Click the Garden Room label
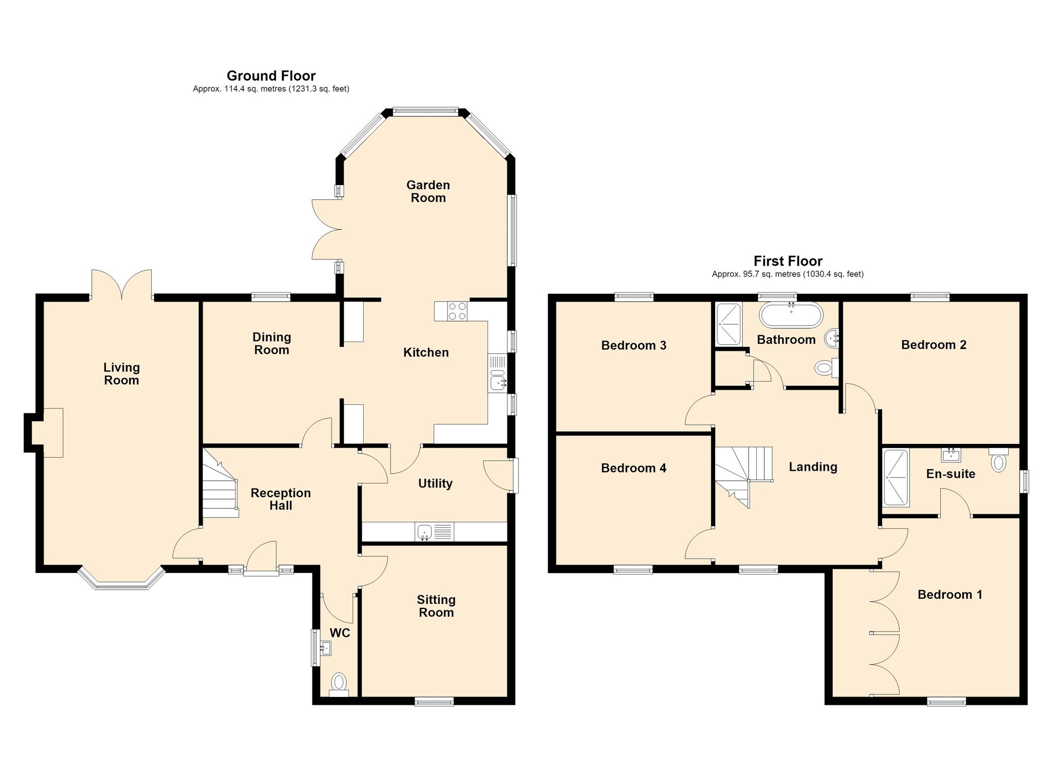click(x=428, y=191)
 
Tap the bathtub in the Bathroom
click(x=790, y=315)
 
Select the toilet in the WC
click(x=339, y=685)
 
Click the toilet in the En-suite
click(x=998, y=460)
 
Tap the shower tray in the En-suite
click(x=896, y=478)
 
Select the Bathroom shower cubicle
click(x=728, y=324)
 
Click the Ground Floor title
click(x=271, y=76)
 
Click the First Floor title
click(x=788, y=261)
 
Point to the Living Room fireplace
click(x=48, y=432)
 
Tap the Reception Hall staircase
click(x=220, y=483)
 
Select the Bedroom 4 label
click(x=633, y=468)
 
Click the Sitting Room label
click(x=436, y=606)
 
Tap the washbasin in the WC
click(x=325, y=648)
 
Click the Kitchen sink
click(x=497, y=380)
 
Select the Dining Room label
click(x=271, y=343)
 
